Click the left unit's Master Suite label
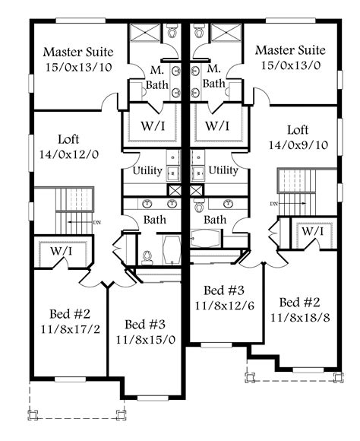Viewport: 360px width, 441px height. [x=78, y=52]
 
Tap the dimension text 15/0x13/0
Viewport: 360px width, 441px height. [x=290, y=66]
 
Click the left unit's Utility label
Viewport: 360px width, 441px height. [x=147, y=170]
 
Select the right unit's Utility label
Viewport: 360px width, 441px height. [x=223, y=170]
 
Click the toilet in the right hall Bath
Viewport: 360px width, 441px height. [x=200, y=205]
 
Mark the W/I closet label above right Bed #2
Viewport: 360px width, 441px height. [x=311, y=230]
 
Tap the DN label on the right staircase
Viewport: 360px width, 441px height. [x=272, y=204]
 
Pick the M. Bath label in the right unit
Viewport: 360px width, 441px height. [x=214, y=76]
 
